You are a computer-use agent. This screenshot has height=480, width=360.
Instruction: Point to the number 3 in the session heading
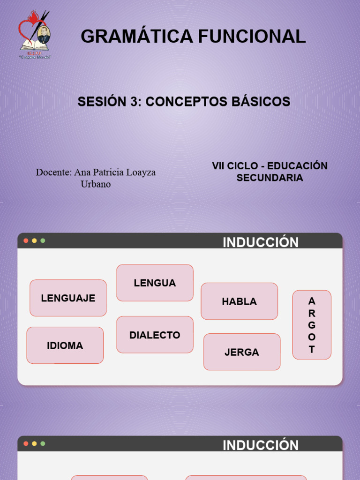[x=133, y=101]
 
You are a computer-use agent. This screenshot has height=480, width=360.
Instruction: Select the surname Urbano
[x=96, y=184]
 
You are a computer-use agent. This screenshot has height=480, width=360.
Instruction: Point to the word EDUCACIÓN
[x=297, y=166]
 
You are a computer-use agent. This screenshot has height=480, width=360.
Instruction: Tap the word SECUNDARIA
[x=270, y=178]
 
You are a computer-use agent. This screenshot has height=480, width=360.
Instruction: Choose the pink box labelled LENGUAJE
[x=68, y=298]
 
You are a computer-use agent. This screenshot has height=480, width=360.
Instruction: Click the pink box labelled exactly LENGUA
[x=155, y=283]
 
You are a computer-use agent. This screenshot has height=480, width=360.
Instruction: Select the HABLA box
[x=239, y=301]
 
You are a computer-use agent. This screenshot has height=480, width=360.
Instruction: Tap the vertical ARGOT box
[x=312, y=325]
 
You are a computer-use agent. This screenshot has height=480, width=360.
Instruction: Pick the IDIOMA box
[x=65, y=345]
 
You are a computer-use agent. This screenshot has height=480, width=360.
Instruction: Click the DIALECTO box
[x=155, y=335]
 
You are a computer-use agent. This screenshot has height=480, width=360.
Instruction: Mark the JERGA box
[x=242, y=352]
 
